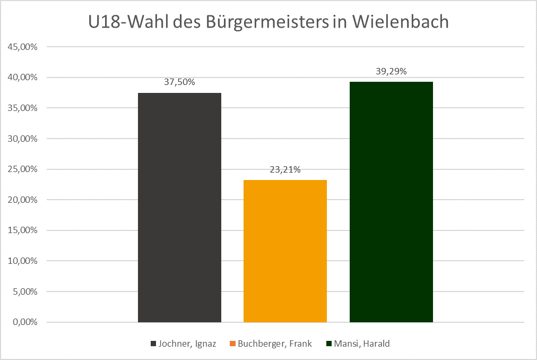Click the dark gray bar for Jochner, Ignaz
(x=179, y=207)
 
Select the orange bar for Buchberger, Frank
(x=285, y=251)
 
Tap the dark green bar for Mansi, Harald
(x=391, y=202)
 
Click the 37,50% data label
(x=179, y=82)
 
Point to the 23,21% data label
(x=285, y=170)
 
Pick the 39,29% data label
(x=391, y=71)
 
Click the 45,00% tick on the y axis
(x=22, y=47)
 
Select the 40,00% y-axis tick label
(x=22, y=78)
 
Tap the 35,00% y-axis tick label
(x=22, y=108)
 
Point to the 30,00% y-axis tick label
(x=22, y=139)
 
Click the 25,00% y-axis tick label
(x=22, y=169)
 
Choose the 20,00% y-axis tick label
(x=22, y=200)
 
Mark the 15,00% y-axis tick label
(x=22, y=230)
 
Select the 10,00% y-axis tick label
(x=22, y=261)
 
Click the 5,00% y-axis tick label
(x=24, y=292)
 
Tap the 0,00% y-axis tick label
(x=24, y=322)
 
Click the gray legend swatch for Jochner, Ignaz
(x=153, y=344)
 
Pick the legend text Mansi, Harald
(x=361, y=344)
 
